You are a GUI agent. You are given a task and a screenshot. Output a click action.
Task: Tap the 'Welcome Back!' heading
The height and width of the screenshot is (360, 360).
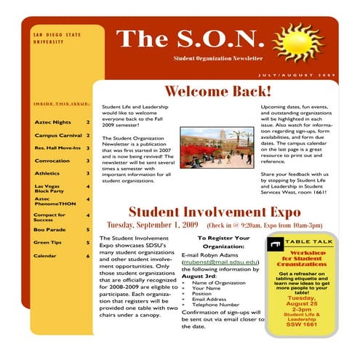click(x=217, y=92)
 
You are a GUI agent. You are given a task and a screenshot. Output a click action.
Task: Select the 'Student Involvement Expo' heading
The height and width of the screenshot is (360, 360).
click(x=215, y=212)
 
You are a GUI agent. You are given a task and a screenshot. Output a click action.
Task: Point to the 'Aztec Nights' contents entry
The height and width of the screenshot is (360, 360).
click(x=53, y=122)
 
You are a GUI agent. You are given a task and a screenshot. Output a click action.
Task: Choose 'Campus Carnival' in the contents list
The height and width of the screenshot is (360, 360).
click(x=57, y=135)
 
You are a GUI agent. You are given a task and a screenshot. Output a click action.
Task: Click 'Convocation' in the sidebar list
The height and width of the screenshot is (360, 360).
click(x=52, y=161)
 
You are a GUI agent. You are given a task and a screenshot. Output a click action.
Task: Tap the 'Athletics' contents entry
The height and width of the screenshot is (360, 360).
click(x=49, y=174)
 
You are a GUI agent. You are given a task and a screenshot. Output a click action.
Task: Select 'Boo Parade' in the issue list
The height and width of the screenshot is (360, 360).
click(x=49, y=229)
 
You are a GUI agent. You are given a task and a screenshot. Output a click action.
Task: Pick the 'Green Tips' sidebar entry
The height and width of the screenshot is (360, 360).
click(x=48, y=242)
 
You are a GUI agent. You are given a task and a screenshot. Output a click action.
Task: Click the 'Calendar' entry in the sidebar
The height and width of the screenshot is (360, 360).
click(x=45, y=255)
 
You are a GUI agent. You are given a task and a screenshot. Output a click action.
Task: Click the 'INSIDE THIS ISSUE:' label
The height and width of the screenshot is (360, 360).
click(x=61, y=104)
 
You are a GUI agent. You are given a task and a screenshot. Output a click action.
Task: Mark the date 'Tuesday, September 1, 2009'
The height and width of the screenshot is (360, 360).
click(x=153, y=225)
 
